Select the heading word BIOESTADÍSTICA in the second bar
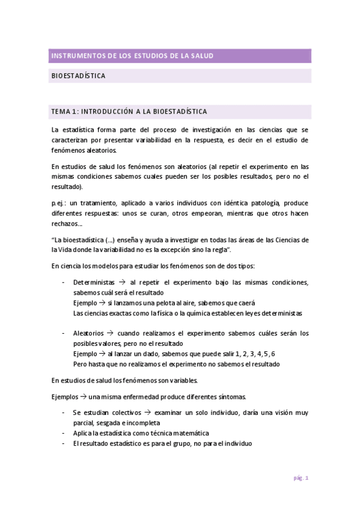click(79, 76)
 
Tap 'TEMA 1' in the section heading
click(64, 112)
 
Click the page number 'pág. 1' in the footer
click(301, 478)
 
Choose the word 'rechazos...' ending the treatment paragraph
click(67, 224)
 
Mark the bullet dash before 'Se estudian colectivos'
click(64, 413)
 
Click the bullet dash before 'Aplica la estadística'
click(64, 434)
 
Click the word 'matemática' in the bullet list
click(190, 434)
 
